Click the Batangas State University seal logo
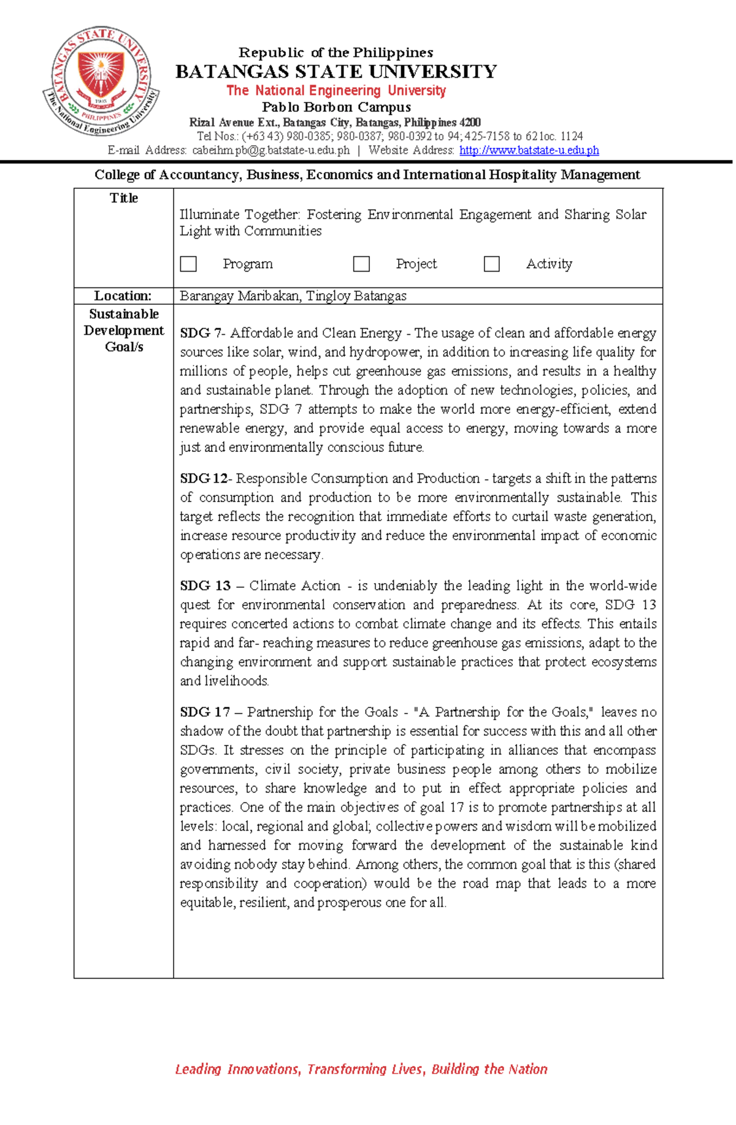pos(101,81)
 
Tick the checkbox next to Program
pos(188,264)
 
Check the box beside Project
pos(361,264)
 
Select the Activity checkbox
pos(491,264)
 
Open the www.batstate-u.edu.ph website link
pos(529,150)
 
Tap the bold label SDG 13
pos(205,586)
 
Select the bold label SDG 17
pos(205,712)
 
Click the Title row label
pos(124,198)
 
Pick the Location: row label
pos(123,296)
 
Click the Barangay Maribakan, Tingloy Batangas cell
pos(293,296)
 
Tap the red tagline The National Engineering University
pos(336,91)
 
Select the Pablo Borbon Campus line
pos(336,107)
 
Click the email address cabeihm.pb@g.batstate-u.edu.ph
pos(270,150)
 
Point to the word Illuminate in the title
pos(209,215)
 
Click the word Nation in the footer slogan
pos(527,1069)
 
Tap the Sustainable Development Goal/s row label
pos(124,330)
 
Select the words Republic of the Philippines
pos(336,53)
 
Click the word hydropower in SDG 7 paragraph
pos(385,353)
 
